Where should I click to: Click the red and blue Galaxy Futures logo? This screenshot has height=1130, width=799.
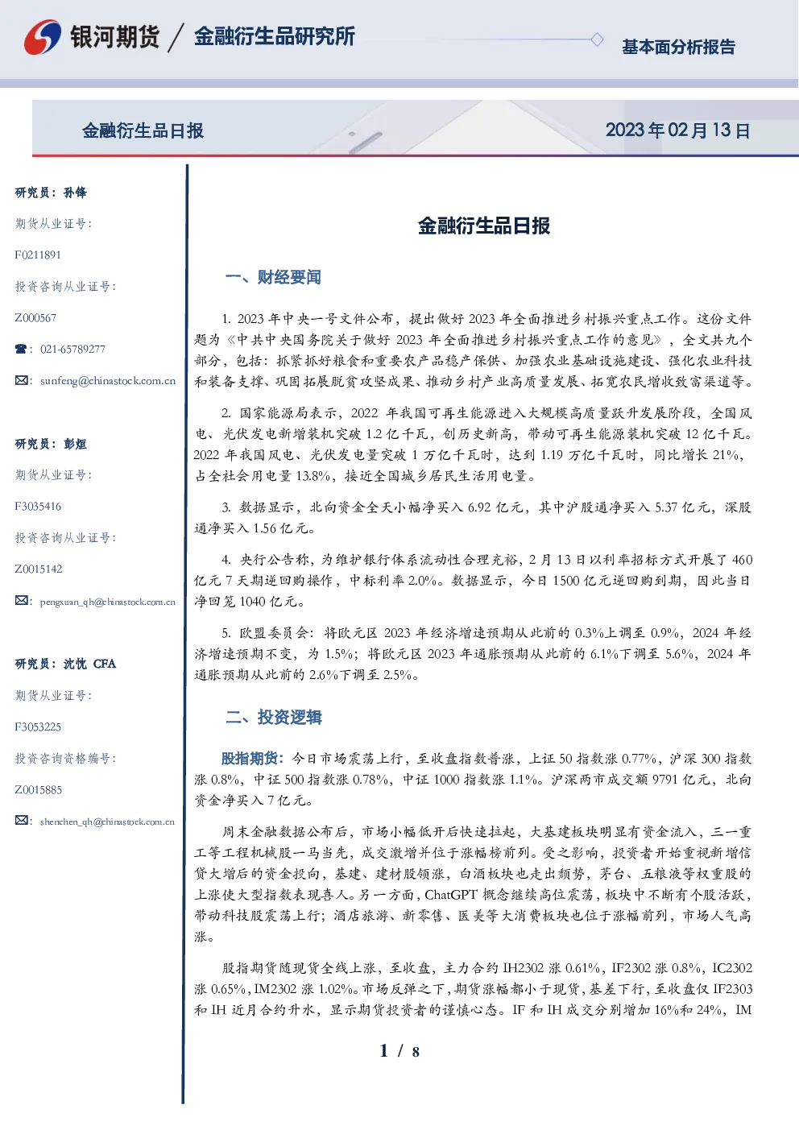click(43, 37)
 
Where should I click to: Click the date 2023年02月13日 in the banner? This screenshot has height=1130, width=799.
click(678, 130)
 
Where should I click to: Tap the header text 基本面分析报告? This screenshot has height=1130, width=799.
click(678, 47)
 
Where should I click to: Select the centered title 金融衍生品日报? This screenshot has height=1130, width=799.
click(484, 226)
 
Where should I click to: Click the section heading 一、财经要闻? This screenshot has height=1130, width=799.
click(273, 277)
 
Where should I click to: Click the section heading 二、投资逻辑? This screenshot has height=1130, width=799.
click(273, 717)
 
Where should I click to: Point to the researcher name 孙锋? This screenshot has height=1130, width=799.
click(75, 192)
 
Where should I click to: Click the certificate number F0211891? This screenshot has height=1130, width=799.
click(38, 255)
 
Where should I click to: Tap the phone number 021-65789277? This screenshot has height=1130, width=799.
click(72, 349)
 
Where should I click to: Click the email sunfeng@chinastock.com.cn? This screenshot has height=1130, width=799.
click(108, 381)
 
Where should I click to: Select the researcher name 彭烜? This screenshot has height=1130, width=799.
click(75, 444)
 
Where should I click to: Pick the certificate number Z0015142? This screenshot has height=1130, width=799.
click(39, 569)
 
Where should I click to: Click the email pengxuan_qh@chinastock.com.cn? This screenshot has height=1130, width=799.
click(107, 602)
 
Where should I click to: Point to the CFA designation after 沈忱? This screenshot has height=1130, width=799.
click(105, 664)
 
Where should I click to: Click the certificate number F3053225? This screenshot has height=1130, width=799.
click(38, 727)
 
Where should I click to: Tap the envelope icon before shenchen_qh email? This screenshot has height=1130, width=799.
click(21, 821)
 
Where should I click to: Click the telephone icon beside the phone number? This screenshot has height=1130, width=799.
click(21, 349)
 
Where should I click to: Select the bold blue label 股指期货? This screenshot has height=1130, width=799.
click(249, 758)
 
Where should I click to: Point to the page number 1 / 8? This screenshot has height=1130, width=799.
click(399, 1051)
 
